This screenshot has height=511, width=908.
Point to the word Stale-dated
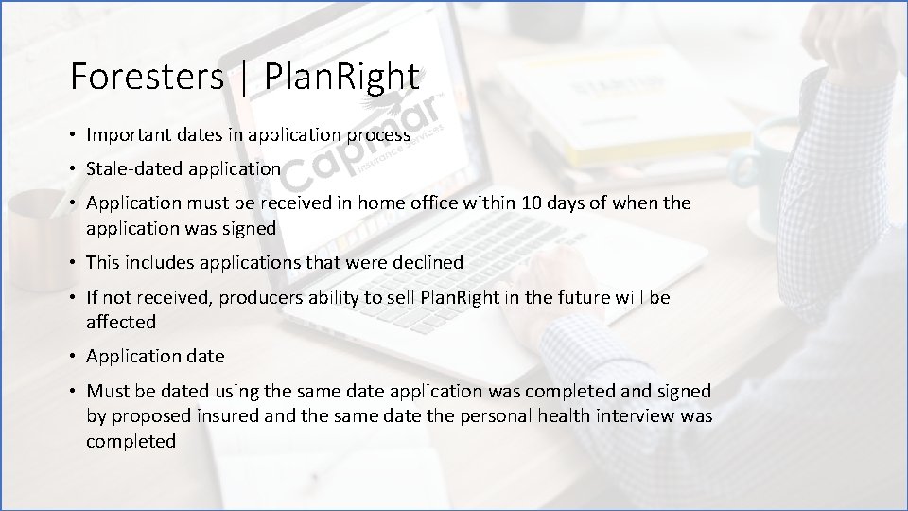pos(131,169)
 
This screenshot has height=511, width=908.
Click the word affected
pos(120,322)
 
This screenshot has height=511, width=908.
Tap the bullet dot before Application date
pos(73,357)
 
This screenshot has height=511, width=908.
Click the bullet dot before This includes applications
pos(73,263)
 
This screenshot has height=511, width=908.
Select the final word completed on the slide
pos(131,441)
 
